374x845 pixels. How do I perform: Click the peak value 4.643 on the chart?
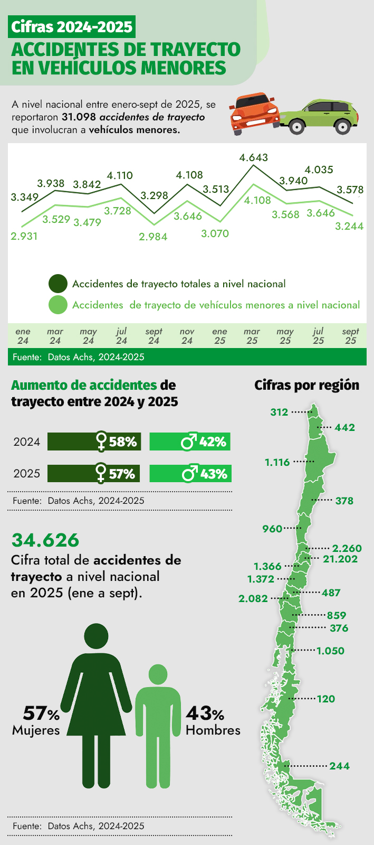click(253, 157)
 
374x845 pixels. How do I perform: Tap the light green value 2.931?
click(24, 236)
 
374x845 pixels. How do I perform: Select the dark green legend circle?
click(58, 284)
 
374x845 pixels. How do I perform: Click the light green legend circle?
click(58, 305)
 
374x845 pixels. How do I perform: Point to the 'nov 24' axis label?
click(187, 336)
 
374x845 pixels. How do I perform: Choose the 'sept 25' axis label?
click(350, 336)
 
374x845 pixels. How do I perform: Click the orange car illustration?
click(255, 113)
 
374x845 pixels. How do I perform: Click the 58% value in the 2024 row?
click(123, 442)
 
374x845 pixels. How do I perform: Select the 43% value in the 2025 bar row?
click(213, 474)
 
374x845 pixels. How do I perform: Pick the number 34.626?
click(45, 540)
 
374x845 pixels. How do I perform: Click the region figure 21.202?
click(340, 559)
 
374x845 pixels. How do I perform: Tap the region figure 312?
click(279, 412)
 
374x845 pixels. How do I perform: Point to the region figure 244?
click(339, 766)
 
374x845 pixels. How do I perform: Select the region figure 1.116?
click(277, 462)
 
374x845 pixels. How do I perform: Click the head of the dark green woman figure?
click(97, 636)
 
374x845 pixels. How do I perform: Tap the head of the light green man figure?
click(158, 674)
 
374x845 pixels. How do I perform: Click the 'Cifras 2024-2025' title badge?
click(72, 26)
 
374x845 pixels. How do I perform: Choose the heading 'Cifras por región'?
click(306, 385)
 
